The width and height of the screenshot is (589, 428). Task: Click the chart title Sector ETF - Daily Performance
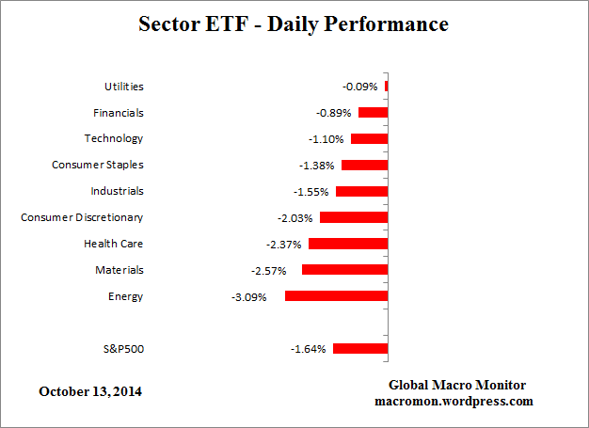click(x=294, y=24)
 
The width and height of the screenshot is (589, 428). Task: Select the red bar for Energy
click(x=336, y=296)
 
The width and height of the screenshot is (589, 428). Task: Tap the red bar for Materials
click(x=344, y=270)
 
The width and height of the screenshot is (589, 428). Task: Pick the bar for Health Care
click(x=348, y=244)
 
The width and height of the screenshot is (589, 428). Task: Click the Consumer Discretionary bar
click(x=354, y=217)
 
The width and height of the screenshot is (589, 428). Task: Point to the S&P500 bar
click(x=360, y=349)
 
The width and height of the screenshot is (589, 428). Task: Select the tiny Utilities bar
click(x=386, y=87)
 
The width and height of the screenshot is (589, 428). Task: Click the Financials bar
click(x=373, y=113)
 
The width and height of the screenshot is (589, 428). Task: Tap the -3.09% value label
click(x=249, y=297)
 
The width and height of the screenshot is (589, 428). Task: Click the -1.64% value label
click(x=308, y=349)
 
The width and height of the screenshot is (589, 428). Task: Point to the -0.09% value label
click(x=360, y=87)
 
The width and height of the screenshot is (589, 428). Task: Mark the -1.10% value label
click(x=326, y=139)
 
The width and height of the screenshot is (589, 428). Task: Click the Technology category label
click(x=114, y=138)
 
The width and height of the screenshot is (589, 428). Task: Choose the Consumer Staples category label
click(x=98, y=165)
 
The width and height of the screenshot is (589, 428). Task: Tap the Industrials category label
click(x=117, y=191)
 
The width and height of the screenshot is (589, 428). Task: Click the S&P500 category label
click(x=123, y=349)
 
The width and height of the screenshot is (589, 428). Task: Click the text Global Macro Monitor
click(x=457, y=386)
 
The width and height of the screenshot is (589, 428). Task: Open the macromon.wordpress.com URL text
click(x=457, y=401)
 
